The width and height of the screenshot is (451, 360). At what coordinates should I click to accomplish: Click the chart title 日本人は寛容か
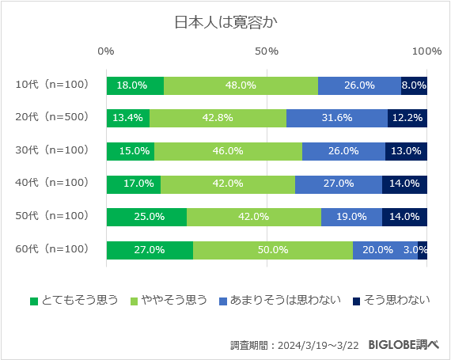[225, 21]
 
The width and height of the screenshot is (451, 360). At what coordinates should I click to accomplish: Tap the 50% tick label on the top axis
[267, 51]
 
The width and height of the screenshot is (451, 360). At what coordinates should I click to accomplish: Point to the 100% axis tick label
[427, 51]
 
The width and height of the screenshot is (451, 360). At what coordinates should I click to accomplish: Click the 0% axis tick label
[106, 51]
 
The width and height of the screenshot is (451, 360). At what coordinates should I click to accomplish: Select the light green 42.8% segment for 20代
[218, 118]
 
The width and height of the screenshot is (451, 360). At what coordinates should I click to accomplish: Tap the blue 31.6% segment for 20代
[336, 118]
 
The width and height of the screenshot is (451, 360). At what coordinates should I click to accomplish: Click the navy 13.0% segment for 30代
[406, 151]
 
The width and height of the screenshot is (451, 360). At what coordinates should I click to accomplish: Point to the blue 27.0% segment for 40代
[339, 184]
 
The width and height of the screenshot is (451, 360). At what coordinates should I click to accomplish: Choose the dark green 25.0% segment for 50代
[146, 217]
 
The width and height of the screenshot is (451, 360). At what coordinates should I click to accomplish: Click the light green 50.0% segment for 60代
[272, 250]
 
